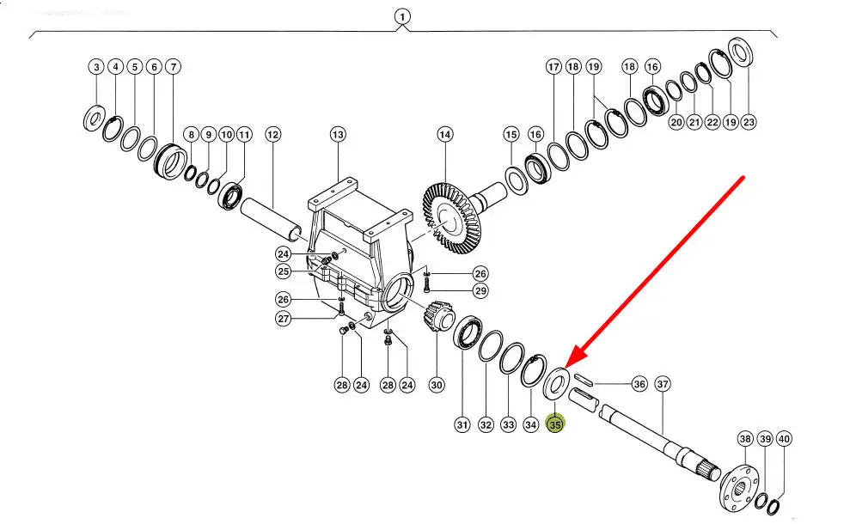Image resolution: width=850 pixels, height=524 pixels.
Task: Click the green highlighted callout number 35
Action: click(556, 423)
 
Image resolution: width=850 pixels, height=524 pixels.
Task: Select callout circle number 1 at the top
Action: click(402, 16)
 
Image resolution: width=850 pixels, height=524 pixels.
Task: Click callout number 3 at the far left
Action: click(96, 67)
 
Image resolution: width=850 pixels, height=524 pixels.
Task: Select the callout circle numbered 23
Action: click(749, 122)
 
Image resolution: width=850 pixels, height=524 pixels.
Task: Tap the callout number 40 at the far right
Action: click(784, 439)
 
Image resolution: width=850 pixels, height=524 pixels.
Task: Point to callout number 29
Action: click(480, 291)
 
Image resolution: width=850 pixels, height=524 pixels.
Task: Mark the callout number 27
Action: click(283, 319)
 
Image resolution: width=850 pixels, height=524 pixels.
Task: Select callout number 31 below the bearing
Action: click(462, 423)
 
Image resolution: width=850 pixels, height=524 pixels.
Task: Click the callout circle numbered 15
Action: click(511, 135)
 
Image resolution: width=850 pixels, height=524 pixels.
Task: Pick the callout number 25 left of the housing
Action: click(283, 271)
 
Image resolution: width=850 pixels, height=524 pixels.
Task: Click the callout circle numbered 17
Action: click(553, 67)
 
